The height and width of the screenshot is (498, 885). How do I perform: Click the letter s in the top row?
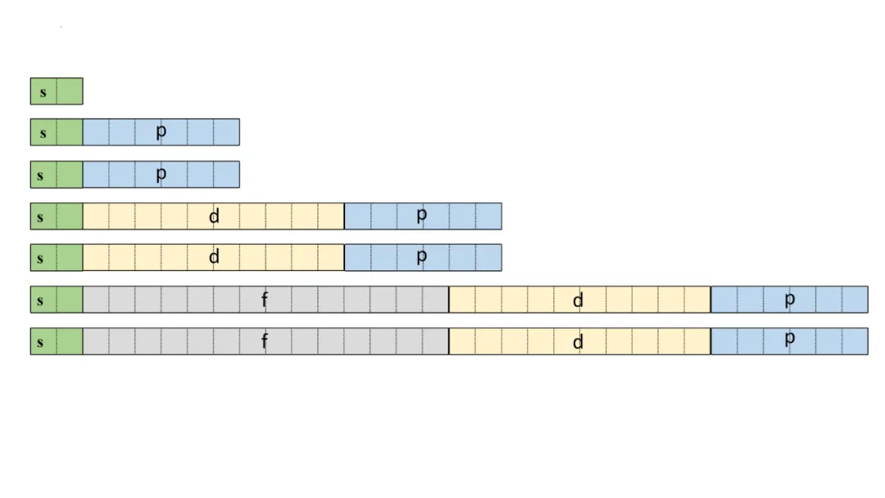[x=43, y=92]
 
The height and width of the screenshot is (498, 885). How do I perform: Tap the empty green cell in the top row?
[x=70, y=91]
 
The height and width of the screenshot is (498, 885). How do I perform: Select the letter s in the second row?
[x=43, y=133]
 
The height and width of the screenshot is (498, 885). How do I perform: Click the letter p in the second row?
[x=161, y=131]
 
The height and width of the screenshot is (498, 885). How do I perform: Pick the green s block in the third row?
[x=57, y=174]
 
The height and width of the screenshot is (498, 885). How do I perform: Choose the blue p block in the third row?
[x=161, y=174]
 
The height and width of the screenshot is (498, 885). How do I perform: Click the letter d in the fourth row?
[x=215, y=216]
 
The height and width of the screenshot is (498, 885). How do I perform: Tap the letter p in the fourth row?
[x=422, y=215]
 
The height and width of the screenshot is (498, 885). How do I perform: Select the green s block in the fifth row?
[x=57, y=258]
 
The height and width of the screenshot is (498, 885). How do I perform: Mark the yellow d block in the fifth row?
[x=213, y=258]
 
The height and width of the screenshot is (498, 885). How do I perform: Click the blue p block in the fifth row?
[x=423, y=258]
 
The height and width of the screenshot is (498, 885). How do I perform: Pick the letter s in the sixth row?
[x=40, y=301]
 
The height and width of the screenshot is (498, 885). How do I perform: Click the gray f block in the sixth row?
[x=265, y=300]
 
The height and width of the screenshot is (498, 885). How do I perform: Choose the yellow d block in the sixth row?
[x=579, y=300]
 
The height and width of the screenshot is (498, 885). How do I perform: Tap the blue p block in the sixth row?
[x=789, y=300]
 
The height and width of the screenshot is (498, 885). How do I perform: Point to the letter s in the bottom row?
[x=40, y=342]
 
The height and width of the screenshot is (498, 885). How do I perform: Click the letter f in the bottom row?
[x=265, y=342]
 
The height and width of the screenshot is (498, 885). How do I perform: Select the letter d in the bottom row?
[x=579, y=342]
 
